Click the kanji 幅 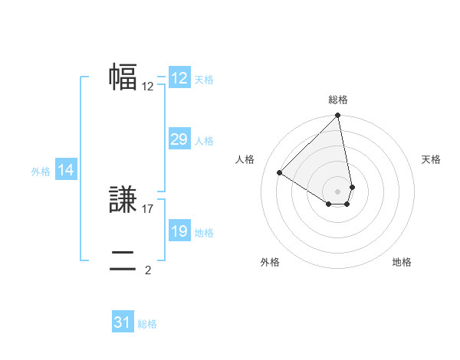(123, 77)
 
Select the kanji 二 (123, 260)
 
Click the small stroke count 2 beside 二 (148, 270)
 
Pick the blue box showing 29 (179, 139)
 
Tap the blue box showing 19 (179, 231)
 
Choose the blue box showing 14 (66, 171)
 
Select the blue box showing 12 (179, 78)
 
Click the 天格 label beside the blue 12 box (204, 79)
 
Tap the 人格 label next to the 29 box (204, 141)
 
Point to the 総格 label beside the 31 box (147, 324)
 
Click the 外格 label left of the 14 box (41, 172)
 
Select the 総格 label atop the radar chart (338, 100)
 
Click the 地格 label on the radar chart (402, 263)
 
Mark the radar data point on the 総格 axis (338, 116)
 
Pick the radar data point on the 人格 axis (280, 173)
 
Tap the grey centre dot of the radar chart (338, 191)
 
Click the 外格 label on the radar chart (270, 263)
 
